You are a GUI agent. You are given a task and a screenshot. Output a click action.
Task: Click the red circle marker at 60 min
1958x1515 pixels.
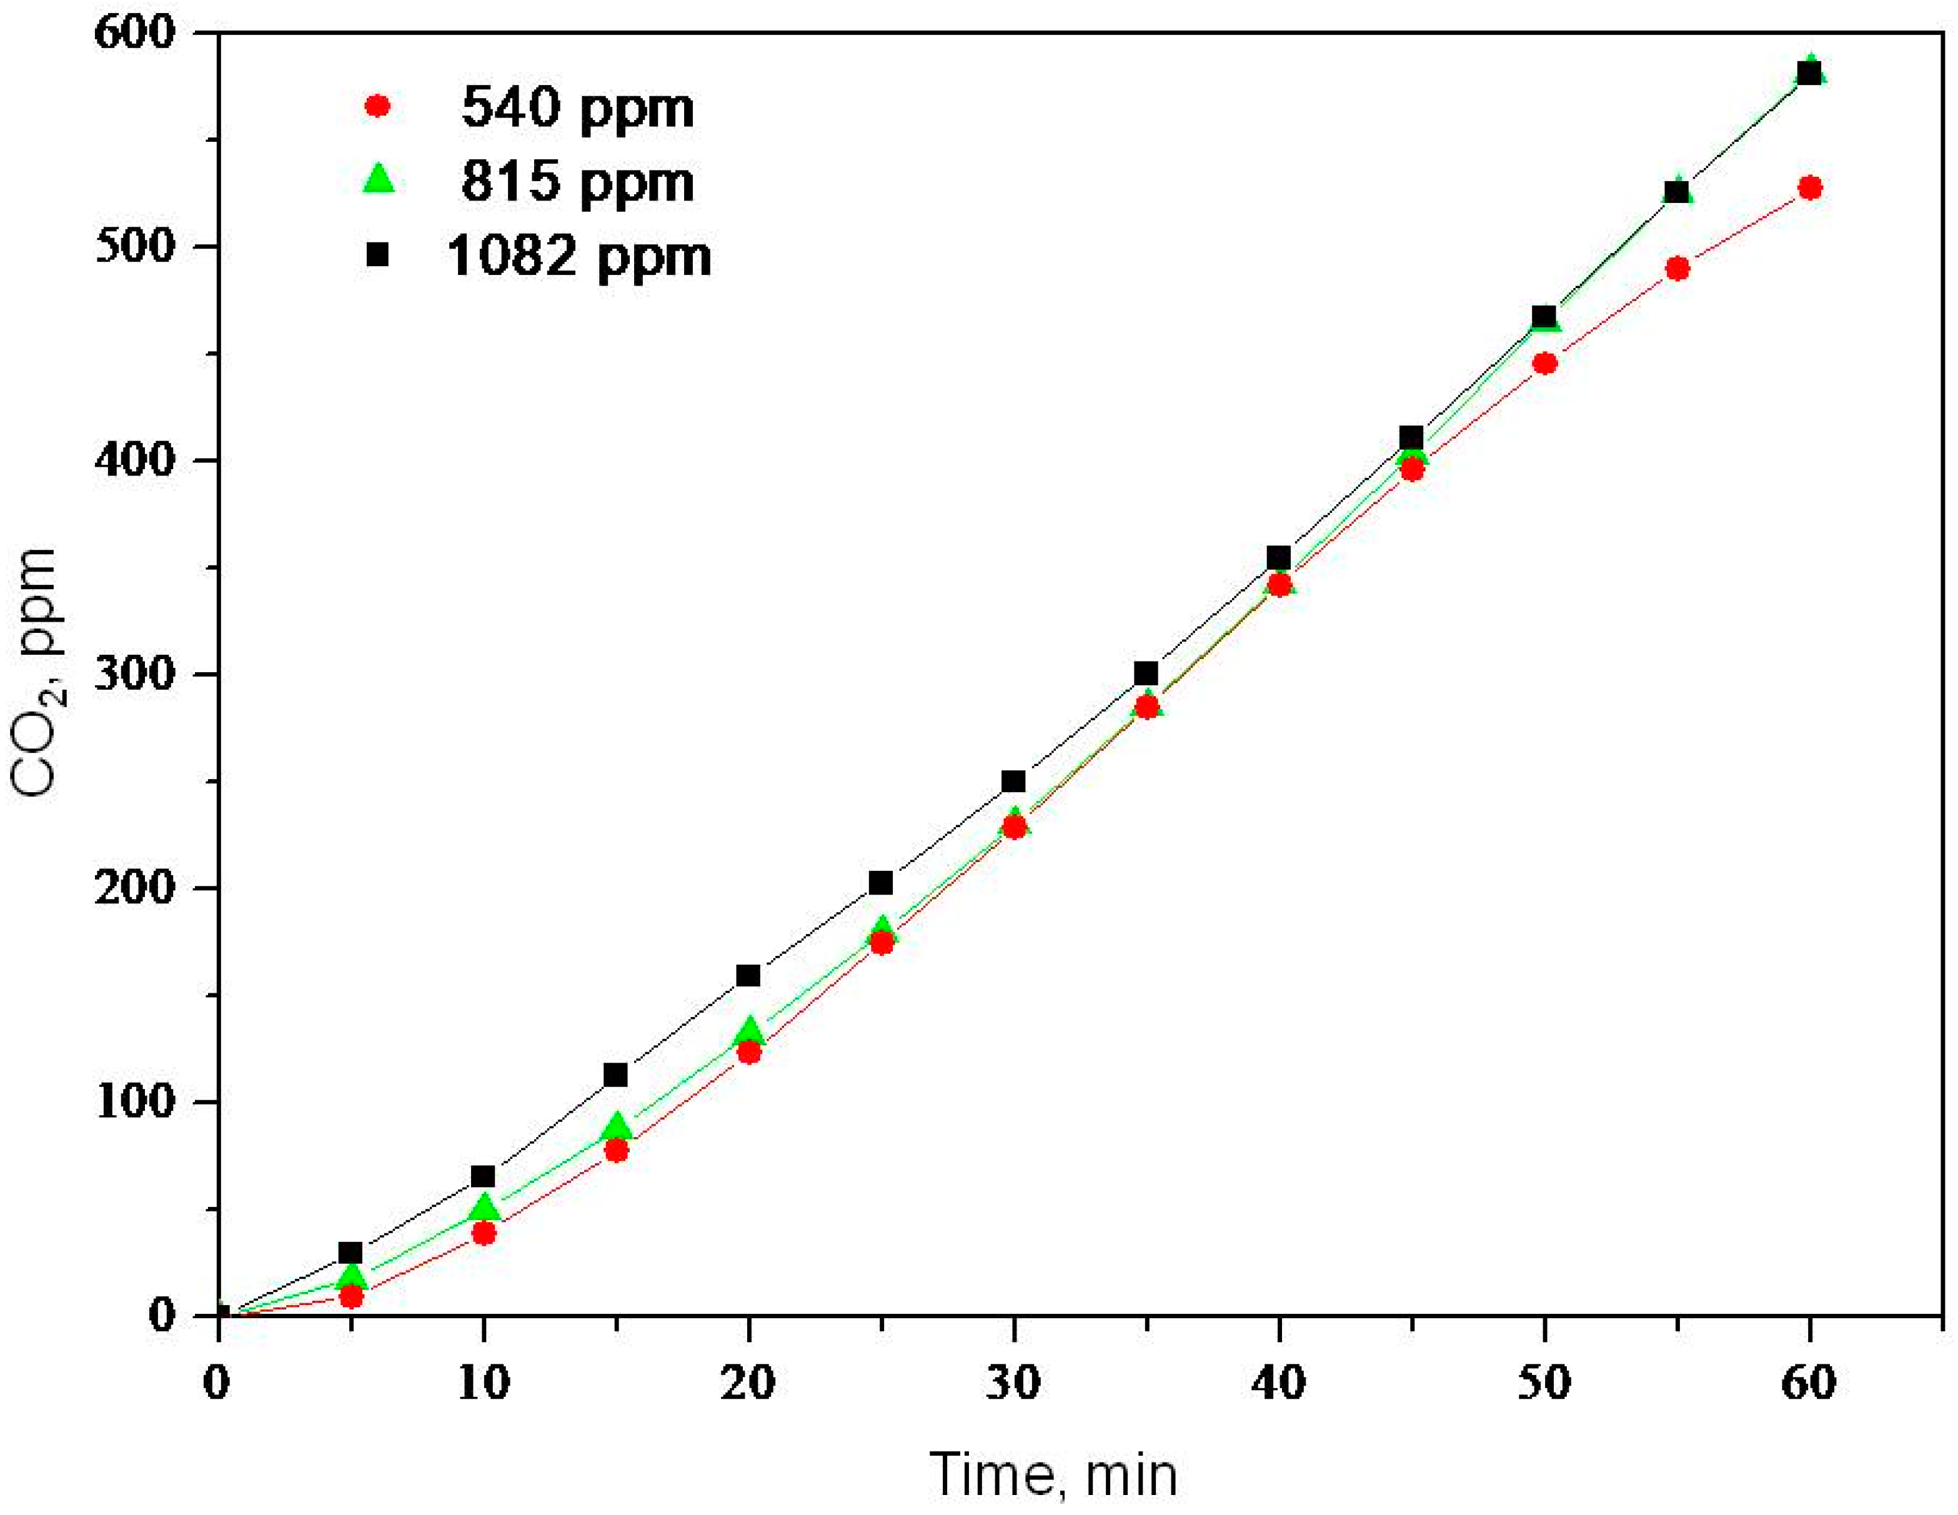click(x=1810, y=187)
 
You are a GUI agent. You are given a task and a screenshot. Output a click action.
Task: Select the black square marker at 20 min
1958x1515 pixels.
click(x=748, y=975)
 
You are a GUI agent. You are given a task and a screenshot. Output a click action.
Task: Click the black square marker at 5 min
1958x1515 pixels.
click(x=350, y=1253)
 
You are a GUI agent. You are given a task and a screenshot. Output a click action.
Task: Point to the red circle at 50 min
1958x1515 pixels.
click(x=1544, y=363)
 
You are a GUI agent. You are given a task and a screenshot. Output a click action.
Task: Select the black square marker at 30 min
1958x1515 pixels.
click(x=1014, y=781)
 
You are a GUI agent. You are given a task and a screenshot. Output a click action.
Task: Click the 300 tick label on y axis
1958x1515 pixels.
click(x=134, y=674)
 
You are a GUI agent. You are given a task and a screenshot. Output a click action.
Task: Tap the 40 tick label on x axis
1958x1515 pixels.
click(x=1278, y=1383)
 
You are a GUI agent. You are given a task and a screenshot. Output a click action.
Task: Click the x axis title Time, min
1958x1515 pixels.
click(x=1053, y=1474)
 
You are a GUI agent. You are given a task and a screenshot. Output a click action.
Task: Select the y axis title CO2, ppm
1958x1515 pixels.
click(x=36, y=672)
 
